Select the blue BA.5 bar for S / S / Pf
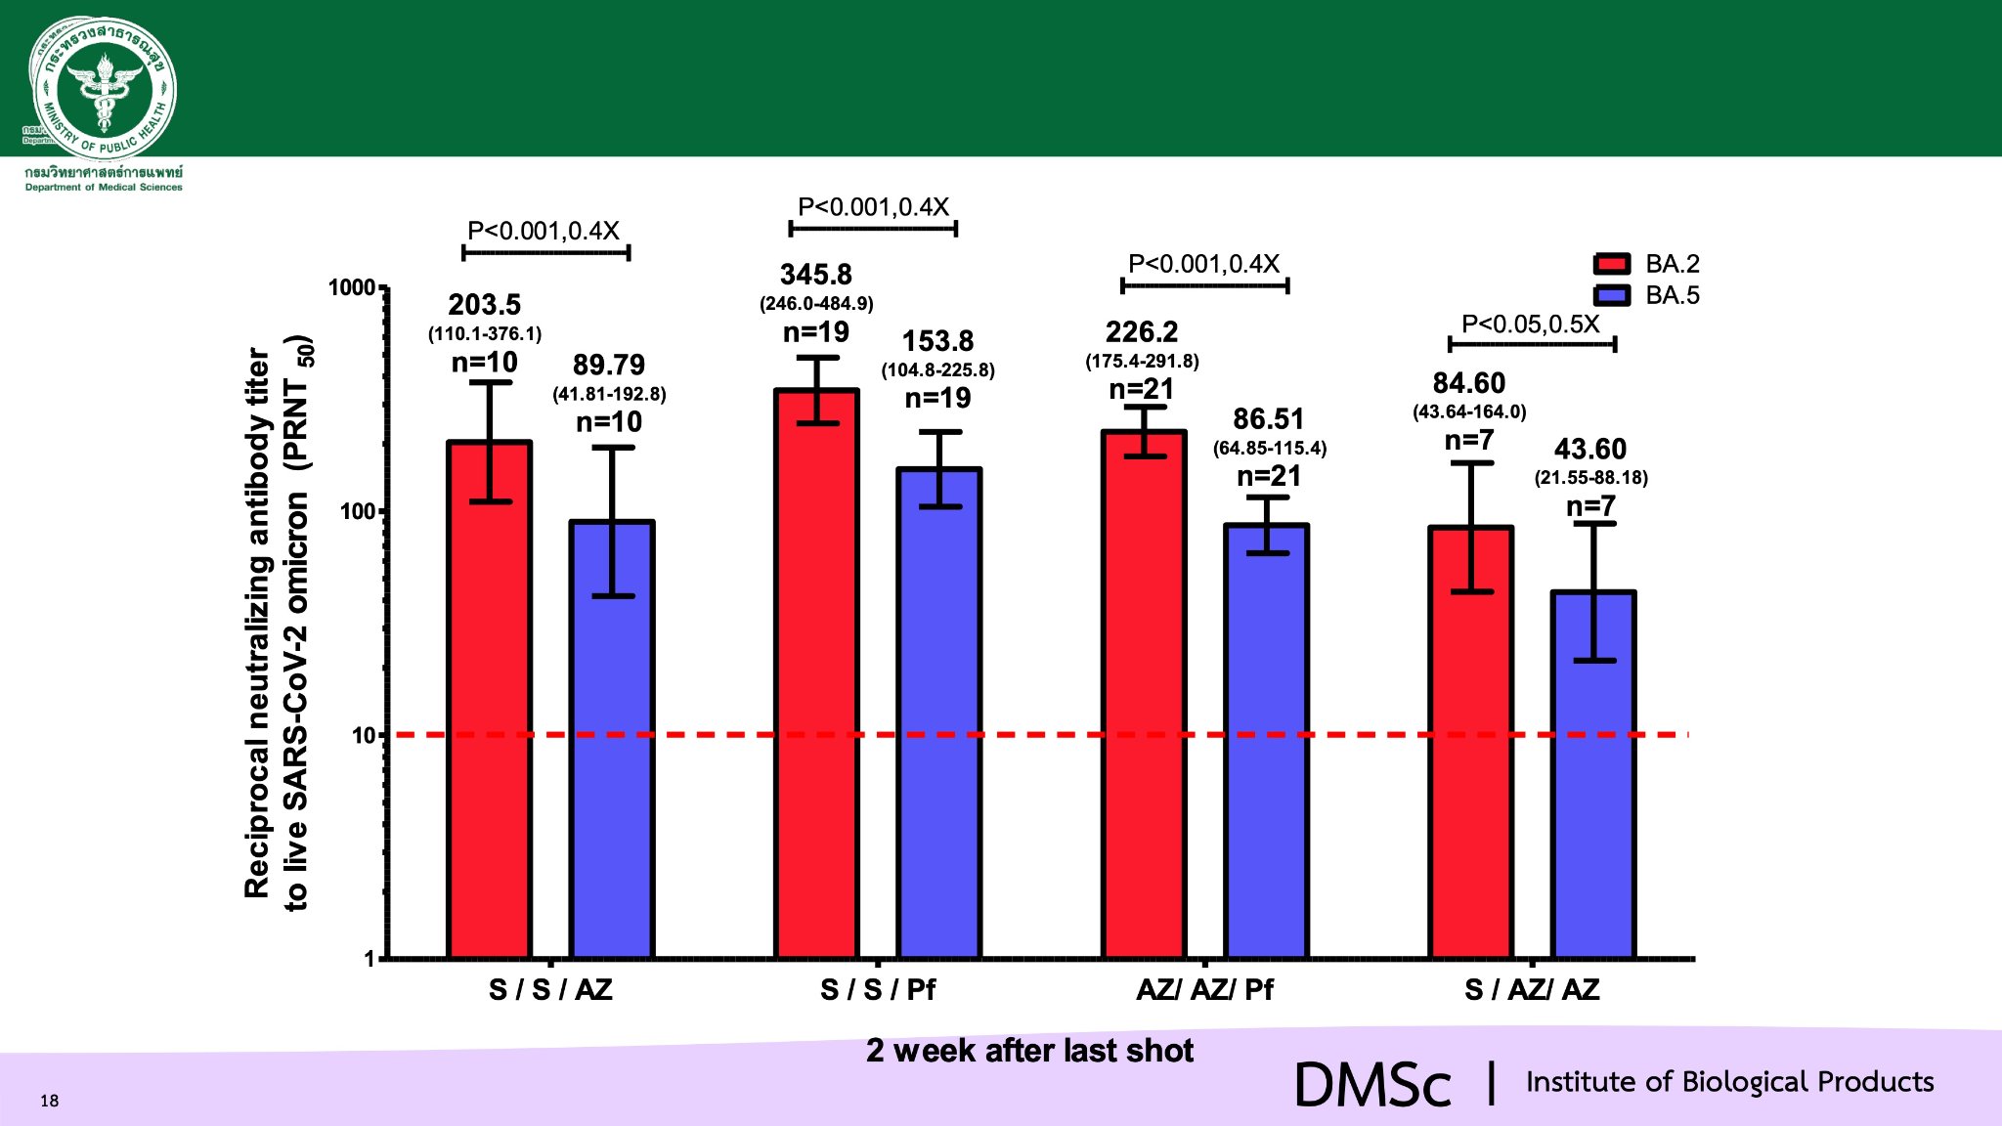tap(939, 714)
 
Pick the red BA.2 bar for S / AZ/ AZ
tap(1471, 743)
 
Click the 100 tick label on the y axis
tap(358, 511)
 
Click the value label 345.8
tap(816, 275)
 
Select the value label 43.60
tap(1590, 450)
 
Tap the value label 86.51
tap(1269, 419)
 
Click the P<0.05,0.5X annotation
tap(1531, 325)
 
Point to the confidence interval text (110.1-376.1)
tap(485, 334)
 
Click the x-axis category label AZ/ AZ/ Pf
tap(1204, 990)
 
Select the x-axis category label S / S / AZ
tap(550, 990)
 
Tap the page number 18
tap(50, 1101)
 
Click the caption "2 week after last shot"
tap(1029, 1051)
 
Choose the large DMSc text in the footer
tap(1372, 1085)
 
